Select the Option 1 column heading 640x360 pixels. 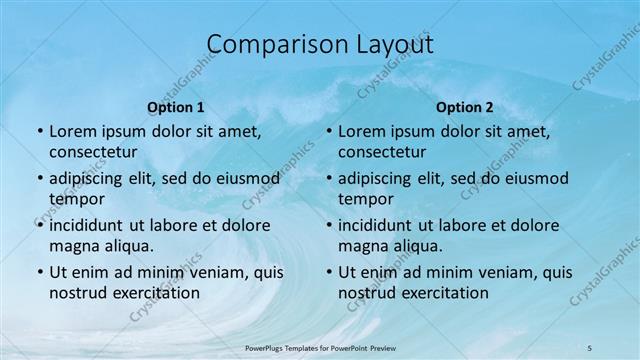[176, 106]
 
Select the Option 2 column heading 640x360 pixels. [465, 106]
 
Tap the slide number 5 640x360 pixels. [590, 347]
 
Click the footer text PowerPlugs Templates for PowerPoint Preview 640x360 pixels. [319, 347]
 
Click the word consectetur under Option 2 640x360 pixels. [382, 152]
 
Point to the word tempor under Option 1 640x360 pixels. [76, 198]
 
